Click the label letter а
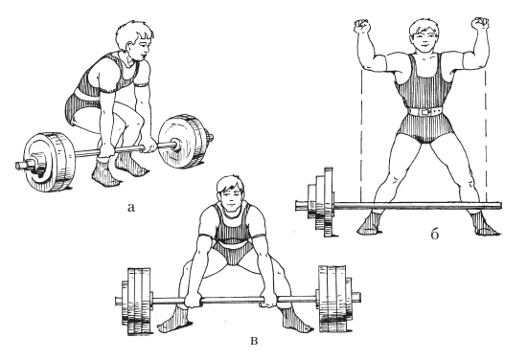pos(130,208)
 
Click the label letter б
pos(435,235)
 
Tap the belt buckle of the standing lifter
pos(425,111)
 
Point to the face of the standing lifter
pos(424,38)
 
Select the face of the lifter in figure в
pos(231,197)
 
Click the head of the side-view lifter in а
pos(134,39)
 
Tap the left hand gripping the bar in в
pos(195,300)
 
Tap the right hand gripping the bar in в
pos(269,299)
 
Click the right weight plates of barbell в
pos(335,299)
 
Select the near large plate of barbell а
pos(49,162)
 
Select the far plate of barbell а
pos(184,141)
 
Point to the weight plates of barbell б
pos(321,202)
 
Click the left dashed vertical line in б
pos(361,133)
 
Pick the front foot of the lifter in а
pos(105,173)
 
